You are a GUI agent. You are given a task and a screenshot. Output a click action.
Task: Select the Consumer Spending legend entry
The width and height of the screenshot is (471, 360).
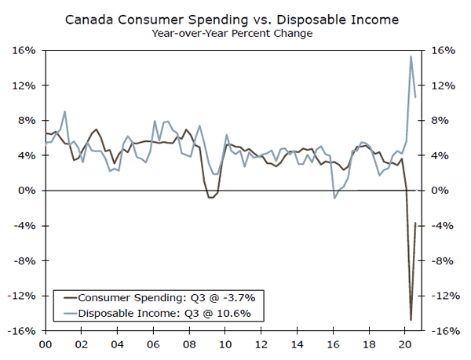[158, 298]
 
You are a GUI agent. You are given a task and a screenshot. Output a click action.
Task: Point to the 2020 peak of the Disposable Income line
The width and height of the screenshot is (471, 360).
[411, 56]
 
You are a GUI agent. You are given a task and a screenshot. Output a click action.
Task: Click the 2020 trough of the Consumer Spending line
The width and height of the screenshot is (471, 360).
[411, 319]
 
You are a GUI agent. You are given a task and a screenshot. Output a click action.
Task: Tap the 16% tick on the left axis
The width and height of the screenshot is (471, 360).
[26, 50]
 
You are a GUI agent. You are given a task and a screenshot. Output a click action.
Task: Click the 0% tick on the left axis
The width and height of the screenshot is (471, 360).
[28, 191]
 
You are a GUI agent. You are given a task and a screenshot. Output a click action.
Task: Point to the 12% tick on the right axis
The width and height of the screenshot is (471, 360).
[443, 85]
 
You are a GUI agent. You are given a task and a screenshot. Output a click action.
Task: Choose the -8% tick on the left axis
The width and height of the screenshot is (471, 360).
[26, 261]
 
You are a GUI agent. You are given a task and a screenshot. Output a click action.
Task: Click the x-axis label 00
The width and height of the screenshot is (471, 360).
[46, 344]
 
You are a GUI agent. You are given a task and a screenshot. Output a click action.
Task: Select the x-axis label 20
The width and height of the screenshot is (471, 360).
[406, 344]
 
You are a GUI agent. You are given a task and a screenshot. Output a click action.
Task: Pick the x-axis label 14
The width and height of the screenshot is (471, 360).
[298, 344]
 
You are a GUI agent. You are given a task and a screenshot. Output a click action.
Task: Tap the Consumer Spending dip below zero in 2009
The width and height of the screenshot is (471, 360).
[210, 197]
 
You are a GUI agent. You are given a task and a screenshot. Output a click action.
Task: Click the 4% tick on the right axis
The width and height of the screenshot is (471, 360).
[443, 155]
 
